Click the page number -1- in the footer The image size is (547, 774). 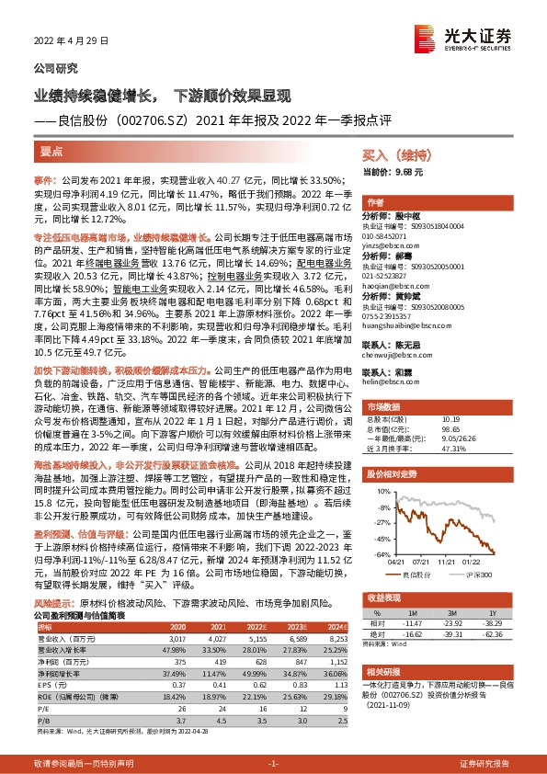273,764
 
